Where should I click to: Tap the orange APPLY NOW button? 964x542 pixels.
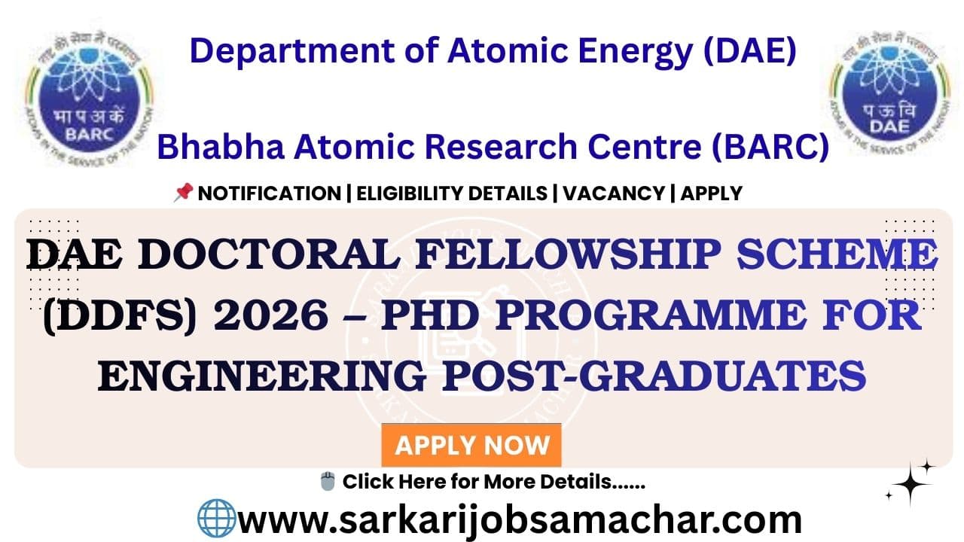click(x=471, y=445)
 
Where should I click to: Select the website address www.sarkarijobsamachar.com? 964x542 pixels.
click(x=520, y=520)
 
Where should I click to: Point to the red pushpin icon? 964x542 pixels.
click(x=183, y=193)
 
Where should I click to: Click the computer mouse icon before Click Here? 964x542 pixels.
click(x=328, y=481)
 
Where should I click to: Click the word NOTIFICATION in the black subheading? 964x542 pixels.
click(x=269, y=193)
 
